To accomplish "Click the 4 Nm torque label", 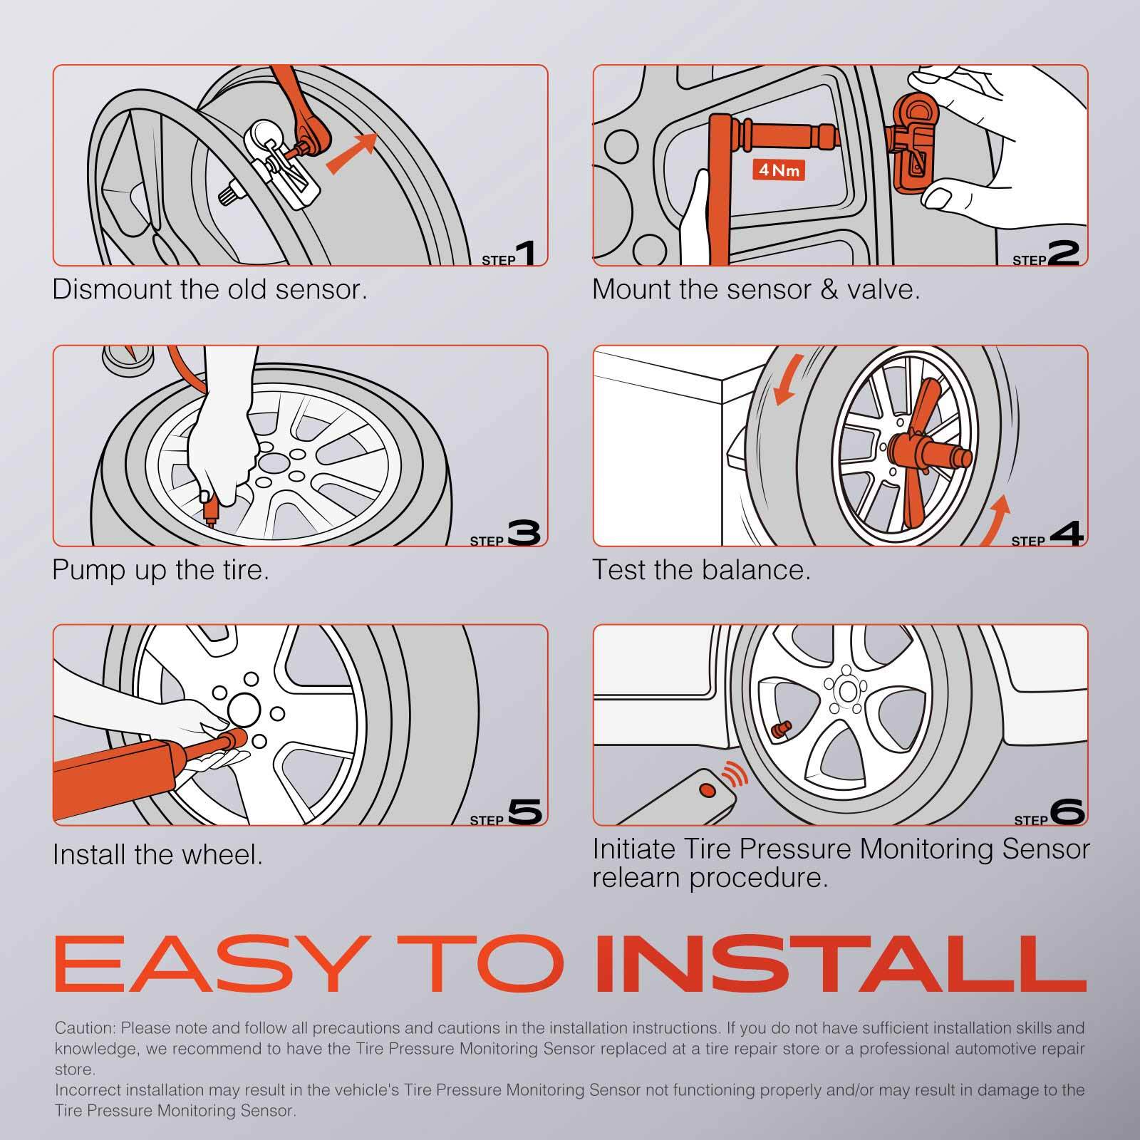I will click(778, 170).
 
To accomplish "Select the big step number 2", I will click(1064, 254).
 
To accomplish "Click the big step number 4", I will click(1066, 534).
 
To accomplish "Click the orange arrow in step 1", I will click(352, 152).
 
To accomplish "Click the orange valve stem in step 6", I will click(782, 730).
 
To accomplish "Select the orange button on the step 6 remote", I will click(707, 789).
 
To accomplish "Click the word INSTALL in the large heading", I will click(841, 963).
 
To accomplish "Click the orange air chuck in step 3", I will click(209, 508).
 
